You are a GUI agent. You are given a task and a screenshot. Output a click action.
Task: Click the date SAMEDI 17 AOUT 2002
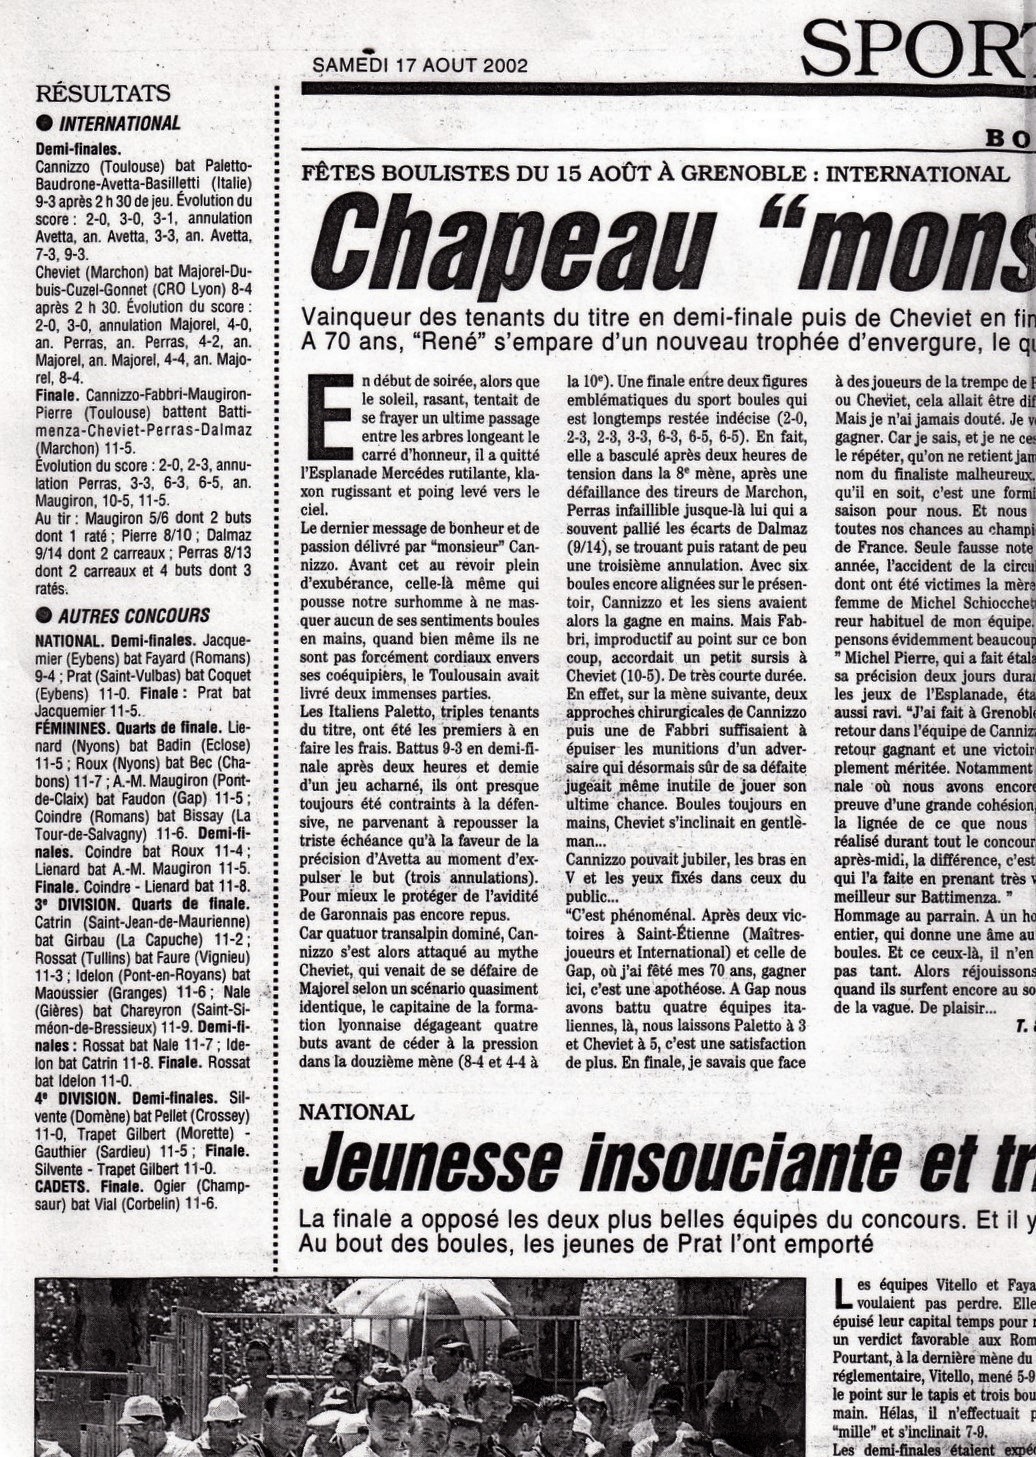point(420,66)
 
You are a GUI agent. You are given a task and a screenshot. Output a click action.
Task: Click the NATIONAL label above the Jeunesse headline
point(357,1112)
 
